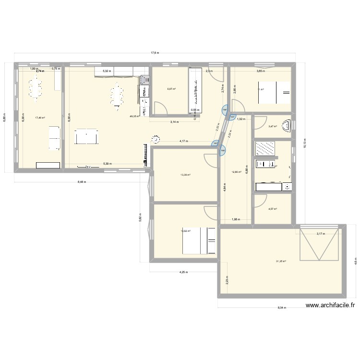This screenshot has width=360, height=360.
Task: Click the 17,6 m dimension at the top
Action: point(155,53)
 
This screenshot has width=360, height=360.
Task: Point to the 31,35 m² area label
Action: point(281,261)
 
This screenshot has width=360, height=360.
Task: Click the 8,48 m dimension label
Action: point(81,181)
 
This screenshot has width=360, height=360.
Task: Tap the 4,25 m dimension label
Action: point(183,272)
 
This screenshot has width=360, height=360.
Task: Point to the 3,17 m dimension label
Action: point(321,234)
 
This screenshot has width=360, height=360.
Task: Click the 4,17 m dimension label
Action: point(183,141)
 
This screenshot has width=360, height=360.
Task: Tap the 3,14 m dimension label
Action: point(174,122)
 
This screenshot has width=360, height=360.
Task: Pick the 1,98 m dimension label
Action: point(235,219)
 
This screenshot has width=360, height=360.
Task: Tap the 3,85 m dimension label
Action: point(260,71)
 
